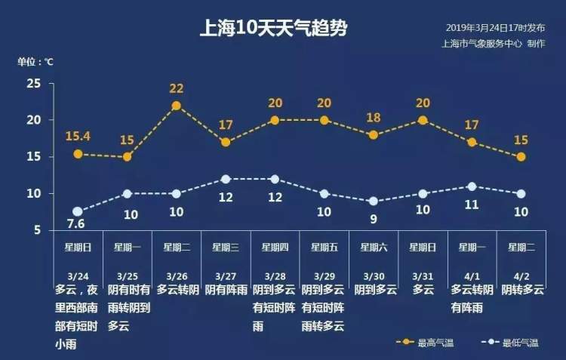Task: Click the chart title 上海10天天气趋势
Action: coord(272,29)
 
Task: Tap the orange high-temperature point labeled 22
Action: coord(177,106)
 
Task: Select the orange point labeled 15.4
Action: coord(78,154)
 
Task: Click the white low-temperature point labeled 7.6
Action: coord(78,211)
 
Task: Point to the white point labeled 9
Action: coord(374,202)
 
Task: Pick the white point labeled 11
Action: coord(472,186)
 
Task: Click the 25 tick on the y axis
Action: coord(34,84)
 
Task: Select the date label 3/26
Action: coord(176,276)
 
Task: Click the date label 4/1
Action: coord(472,276)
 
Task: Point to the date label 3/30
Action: coord(374,276)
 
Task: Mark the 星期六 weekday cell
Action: coord(374,247)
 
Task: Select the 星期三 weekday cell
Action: coord(226,247)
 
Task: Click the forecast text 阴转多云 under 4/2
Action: coord(521,290)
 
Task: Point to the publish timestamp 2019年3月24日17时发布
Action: coord(494,27)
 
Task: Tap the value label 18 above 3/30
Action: coord(374,118)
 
